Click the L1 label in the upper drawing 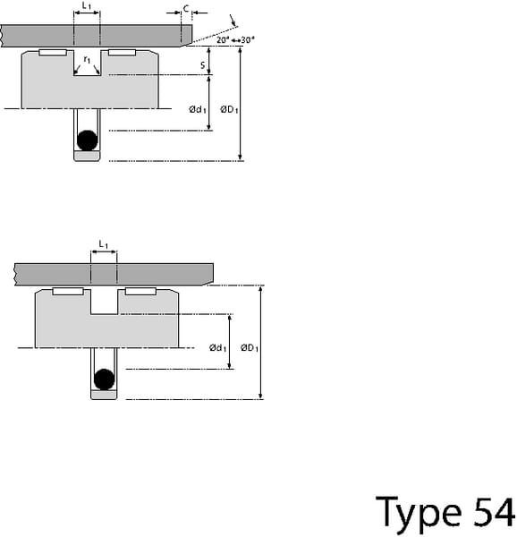(x=87, y=6)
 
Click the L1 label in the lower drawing (x=104, y=244)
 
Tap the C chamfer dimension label (x=186, y=9)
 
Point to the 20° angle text (x=223, y=40)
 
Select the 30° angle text (x=248, y=40)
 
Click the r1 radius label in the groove (x=87, y=60)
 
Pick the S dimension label (x=202, y=65)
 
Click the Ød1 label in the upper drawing (x=198, y=109)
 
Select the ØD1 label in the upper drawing (x=229, y=109)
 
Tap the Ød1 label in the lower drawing (x=217, y=348)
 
